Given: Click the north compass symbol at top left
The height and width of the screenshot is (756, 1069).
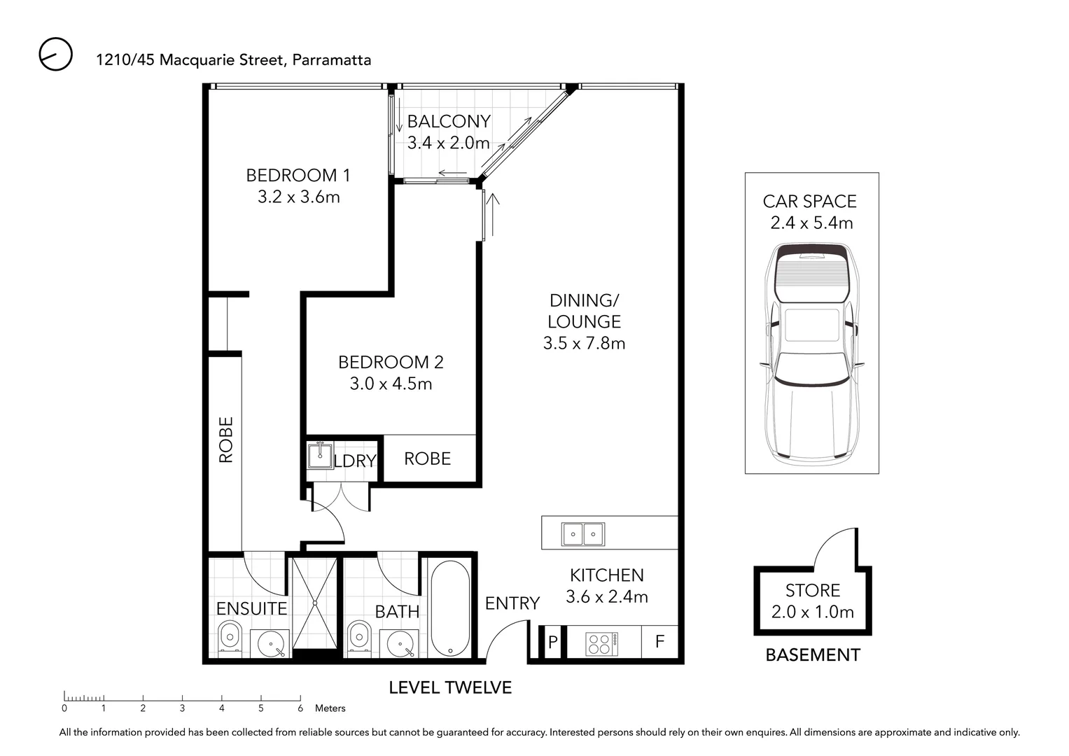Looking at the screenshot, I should click(55, 55).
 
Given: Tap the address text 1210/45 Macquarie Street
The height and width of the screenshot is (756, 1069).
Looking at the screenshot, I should click(190, 60).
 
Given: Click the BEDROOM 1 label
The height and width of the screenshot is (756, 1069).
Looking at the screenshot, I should click(298, 176).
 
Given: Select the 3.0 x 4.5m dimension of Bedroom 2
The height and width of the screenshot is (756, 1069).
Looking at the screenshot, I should click(391, 384).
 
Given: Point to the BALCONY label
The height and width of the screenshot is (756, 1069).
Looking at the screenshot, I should click(449, 122).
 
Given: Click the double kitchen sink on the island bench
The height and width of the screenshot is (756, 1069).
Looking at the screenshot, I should click(582, 534).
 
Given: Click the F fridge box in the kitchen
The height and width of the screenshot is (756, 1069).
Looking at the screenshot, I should click(659, 642).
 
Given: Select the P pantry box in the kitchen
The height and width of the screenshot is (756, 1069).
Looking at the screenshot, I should click(552, 643).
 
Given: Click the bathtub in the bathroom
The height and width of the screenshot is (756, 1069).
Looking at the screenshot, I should click(449, 608).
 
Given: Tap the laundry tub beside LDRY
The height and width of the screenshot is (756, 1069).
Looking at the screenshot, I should click(321, 455).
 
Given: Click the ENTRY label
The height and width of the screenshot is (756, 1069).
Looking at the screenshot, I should click(512, 603).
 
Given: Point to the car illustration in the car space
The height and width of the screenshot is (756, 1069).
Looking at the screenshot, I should click(811, 353).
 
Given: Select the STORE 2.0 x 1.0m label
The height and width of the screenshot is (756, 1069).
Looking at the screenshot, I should click(812, 601).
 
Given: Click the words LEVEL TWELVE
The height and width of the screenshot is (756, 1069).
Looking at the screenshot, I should click(450, 688).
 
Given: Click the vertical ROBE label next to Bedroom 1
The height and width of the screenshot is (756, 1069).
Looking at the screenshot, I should click(225, 440).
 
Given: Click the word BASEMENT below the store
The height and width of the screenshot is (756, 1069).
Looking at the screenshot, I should click(812, 655).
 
